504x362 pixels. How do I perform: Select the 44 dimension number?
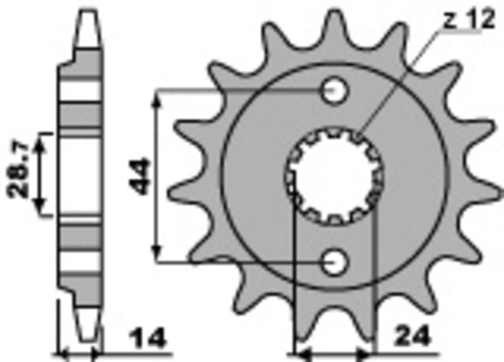click(140, 177)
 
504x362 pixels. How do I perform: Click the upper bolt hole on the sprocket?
click(335, 92)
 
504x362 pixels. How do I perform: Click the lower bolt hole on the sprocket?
click(335, 261)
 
